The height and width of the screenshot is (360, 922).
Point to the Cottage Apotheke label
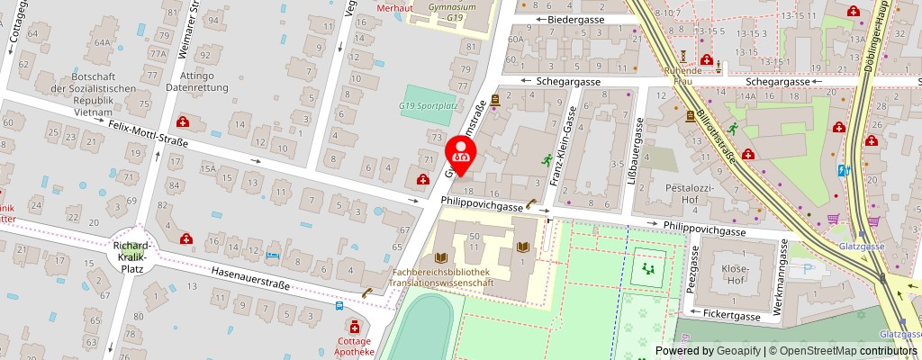click(x=354, y=346)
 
